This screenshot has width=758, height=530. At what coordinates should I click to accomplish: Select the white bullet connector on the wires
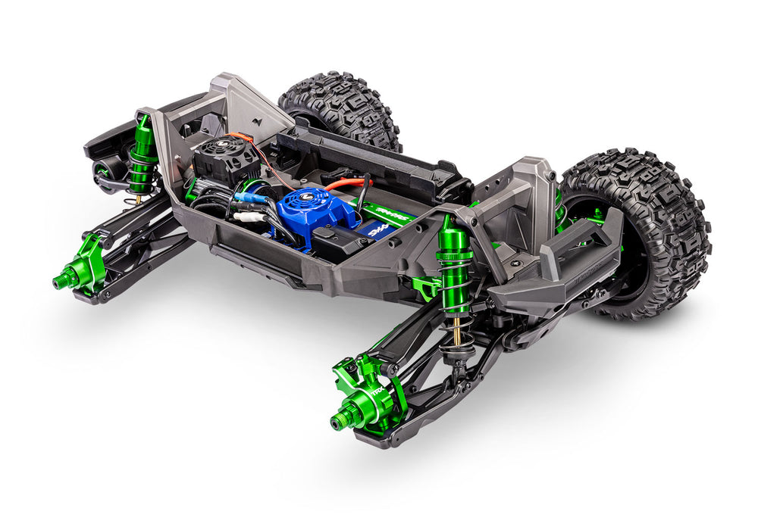point(248,217)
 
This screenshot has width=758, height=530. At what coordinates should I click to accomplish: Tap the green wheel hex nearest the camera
point(342,419)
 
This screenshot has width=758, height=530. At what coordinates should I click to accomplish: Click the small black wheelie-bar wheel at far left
point(107,175)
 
